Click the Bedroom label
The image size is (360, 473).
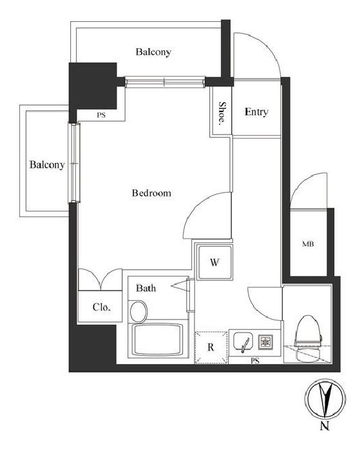point(151,193)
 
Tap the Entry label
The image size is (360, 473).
point(256,112)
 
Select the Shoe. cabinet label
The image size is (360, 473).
point(222,113)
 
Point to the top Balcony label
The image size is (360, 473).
point(153,52)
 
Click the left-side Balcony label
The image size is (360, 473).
point(47,165)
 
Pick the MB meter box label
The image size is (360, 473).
point(308,244)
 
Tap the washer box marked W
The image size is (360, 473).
point(214,262)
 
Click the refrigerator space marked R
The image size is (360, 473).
point(211,347)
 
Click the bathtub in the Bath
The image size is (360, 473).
point(157,340)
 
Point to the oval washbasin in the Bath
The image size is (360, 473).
point(138,311)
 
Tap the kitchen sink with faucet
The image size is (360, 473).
point(243,342)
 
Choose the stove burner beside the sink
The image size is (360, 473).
point(266,342)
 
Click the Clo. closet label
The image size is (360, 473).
point(102,307)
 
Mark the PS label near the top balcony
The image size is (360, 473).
point(101,115)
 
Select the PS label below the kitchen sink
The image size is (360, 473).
point(255,360)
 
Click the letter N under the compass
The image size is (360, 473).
point(325,426)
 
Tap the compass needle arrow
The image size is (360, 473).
point(326,398)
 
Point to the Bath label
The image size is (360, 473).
point(146,288)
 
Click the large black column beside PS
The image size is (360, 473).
point(93,86)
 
